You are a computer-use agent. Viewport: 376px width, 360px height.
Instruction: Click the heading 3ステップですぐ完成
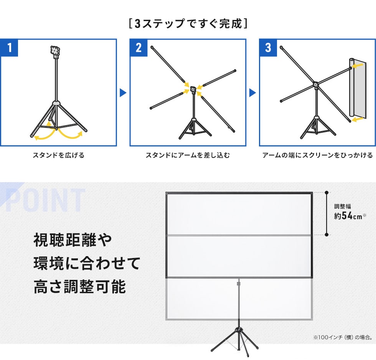coord(188,24)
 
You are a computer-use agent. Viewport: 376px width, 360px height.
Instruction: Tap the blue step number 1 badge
coord(10,48)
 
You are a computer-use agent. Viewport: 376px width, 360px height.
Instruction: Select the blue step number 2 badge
coord(139,48)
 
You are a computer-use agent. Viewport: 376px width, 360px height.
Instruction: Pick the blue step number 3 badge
coord(268,48)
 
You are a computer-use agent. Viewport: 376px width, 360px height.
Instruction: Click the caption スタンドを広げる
coord(58,155)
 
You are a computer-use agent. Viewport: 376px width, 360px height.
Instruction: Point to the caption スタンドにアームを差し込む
coord(188,155)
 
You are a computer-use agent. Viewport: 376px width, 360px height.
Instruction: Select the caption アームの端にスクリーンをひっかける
coord(317,155)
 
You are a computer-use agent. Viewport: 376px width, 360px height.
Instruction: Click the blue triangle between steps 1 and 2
coord(123,92)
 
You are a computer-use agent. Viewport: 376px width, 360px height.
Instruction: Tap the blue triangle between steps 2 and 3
coord(252,92)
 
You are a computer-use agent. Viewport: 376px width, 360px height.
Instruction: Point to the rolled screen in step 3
coord(356,88)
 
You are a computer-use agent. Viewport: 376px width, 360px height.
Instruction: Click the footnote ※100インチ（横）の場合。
coord(342,338)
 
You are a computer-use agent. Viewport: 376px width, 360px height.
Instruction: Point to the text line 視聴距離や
coord(73,240)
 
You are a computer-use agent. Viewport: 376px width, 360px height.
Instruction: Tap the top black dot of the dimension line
coord(326,192)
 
